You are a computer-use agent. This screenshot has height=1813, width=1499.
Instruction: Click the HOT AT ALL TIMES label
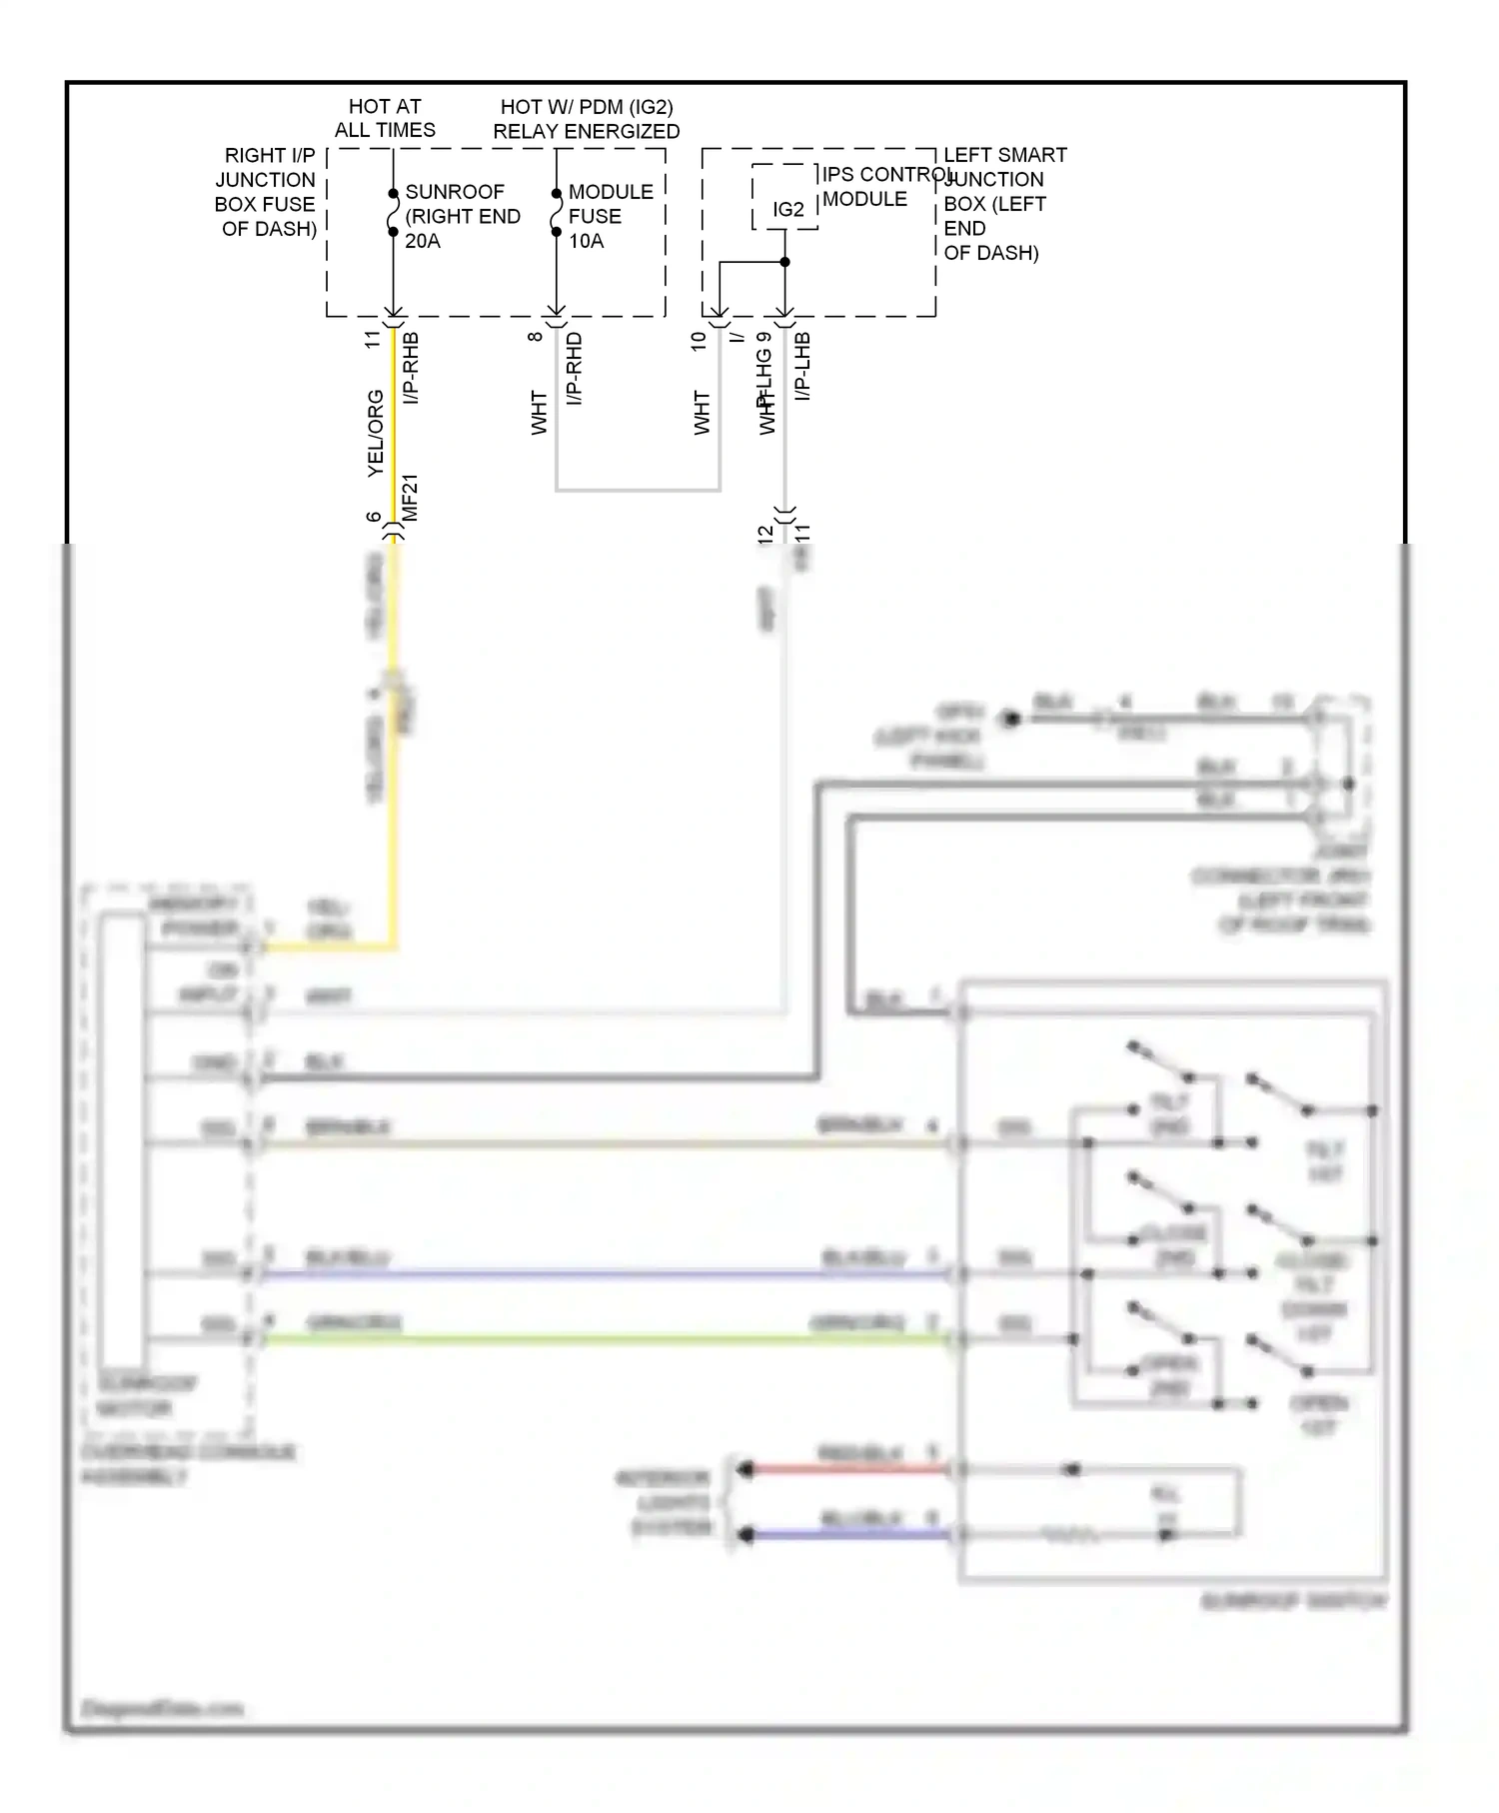click(385, 118)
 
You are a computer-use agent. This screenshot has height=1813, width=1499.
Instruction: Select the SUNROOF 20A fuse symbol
click(394, 213)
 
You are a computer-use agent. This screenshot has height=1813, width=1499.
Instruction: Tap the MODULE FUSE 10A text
click(610, 216)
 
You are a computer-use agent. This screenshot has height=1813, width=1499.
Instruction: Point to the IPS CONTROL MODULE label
click(879, 187)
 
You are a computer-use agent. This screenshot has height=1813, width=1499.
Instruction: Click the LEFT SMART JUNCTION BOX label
click(1003, 204)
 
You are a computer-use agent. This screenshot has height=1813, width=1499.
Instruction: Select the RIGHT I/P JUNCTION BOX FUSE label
click(267, 192)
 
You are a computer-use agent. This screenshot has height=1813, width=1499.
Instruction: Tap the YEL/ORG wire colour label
click(376, 432)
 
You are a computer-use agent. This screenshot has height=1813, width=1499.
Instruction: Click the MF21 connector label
click(410, 497)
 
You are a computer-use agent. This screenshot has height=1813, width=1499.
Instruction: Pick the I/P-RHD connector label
click(575, 369)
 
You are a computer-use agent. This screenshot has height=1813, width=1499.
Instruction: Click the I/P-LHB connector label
click(802, 367)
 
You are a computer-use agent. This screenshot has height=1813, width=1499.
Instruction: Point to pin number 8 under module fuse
click(536, 337)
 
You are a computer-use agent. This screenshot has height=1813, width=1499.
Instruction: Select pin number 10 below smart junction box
click(699, 340)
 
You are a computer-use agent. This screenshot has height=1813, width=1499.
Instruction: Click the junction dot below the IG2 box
click(784, 262)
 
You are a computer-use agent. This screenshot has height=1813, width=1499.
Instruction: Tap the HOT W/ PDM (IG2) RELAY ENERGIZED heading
click(586, 119)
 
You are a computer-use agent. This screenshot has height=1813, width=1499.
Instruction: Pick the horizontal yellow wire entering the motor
click(330, 946)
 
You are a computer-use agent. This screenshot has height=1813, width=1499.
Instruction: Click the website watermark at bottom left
click(162, 1708)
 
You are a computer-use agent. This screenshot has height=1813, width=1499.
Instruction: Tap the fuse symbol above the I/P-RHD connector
click(557, 213)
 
